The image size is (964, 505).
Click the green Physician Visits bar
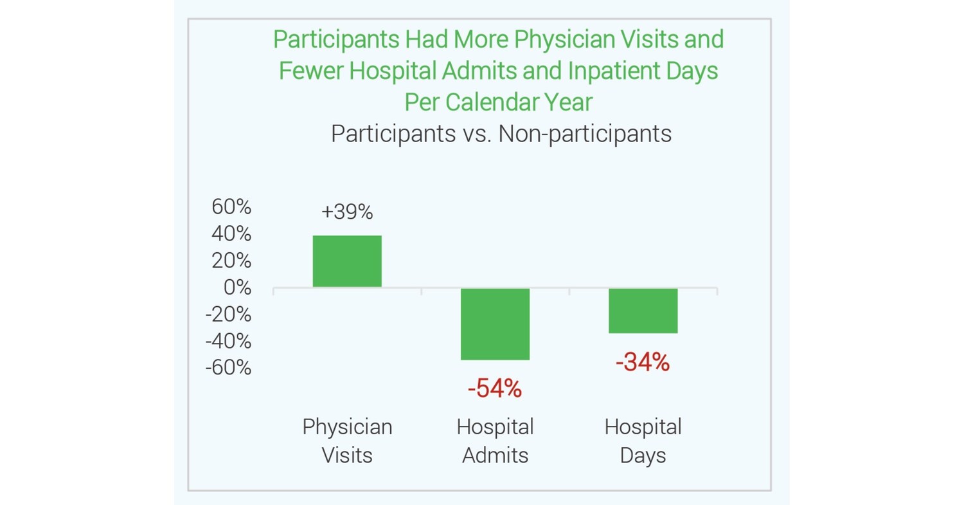point(347,261)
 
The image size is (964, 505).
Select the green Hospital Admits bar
point(495,324)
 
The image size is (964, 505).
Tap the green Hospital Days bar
point(643,310)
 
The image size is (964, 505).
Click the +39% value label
point(347,212)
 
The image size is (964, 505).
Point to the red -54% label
point(495,389)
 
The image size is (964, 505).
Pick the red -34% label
point(643,363)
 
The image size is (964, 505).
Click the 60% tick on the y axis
point(231,207)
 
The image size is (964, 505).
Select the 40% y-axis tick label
point(231,234)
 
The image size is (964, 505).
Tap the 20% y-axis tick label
point(231,261)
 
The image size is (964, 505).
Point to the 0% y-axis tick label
point(237,288)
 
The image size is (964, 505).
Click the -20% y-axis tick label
point(228,315)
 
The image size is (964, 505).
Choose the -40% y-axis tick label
point(228,341)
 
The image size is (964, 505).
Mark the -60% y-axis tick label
point(228,368)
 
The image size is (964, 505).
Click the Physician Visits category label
point(347,441)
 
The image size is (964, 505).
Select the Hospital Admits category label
point(495,441)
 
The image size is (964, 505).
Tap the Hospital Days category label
point(643,441)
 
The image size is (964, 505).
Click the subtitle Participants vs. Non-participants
point(501,134)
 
